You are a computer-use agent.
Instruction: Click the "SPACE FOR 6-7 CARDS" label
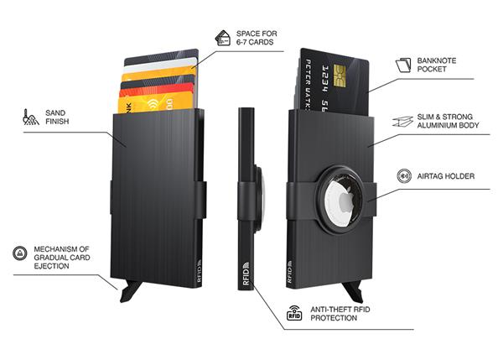tap(256, 37)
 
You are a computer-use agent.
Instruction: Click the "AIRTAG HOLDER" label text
tap(445, 177)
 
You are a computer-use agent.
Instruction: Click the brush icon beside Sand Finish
tap(31, 116)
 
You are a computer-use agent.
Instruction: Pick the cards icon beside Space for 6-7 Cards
tap(223, 37)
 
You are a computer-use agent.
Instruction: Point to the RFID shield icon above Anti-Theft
tap(294, 314)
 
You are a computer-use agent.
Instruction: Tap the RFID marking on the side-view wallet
tap(246, 274)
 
